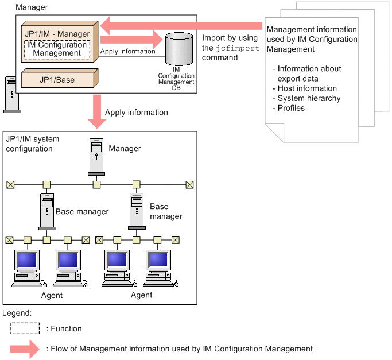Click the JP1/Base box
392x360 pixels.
(x=57, y=79)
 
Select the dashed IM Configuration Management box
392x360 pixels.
(x=57, y=49)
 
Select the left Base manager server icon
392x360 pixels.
(x=46, y=211)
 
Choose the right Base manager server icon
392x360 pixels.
(x=136, y=210)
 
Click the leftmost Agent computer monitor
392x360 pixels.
(x=27, y=261)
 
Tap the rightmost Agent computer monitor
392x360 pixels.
(x=159, y=261)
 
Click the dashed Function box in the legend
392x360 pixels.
(x=25, y=329)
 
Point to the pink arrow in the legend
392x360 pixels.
(x=26, y=349)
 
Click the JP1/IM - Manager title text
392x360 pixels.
(x=57, y=34)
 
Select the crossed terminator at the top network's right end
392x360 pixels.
(x=190, y=184)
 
